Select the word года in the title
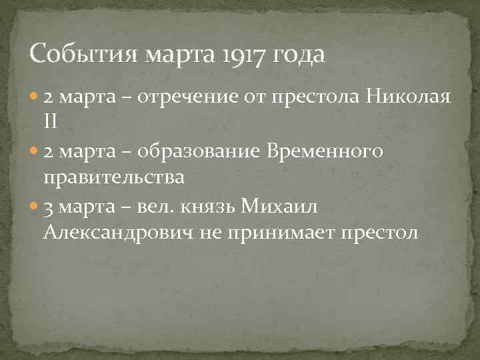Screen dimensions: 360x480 [x=299, y=54]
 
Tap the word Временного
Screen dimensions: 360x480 [x=324, y=153]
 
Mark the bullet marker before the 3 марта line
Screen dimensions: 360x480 [x=35, y=206]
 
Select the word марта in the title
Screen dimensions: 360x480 [x=175, y=54]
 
